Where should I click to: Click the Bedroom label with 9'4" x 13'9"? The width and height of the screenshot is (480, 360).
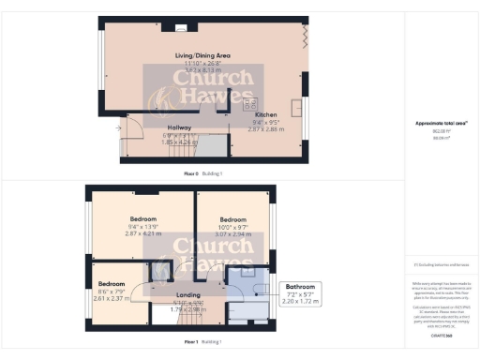point(144,215)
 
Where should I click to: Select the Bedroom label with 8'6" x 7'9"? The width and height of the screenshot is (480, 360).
point(112,283)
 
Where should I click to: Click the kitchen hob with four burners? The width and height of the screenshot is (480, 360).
point(250,105)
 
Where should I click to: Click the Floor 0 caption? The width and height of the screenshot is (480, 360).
point(189,173)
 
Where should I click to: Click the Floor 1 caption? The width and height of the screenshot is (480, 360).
point(190,342)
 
